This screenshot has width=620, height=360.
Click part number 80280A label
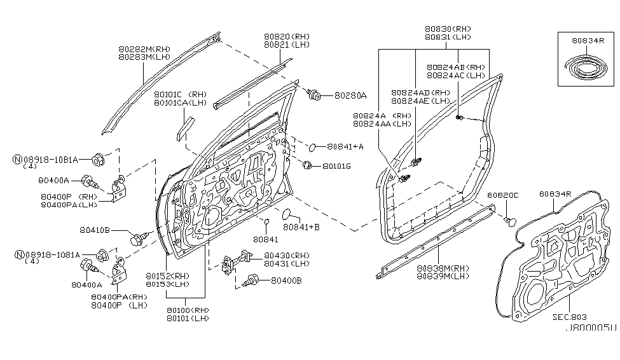(x=350, y=96)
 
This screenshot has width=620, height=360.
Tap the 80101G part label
(x=336, y=166)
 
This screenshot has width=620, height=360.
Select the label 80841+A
(x=346, y=147)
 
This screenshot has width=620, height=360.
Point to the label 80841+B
(x=301, y=226)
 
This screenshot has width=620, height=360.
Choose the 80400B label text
(x=287, y=280)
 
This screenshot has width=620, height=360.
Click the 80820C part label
(x=504, y=195)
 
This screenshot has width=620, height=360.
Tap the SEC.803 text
(x=570, y=316)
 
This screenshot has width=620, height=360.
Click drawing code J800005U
(x=590, y=328)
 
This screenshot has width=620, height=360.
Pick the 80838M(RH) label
(x=443, y=268)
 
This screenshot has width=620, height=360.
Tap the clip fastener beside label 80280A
(x=314, y=95)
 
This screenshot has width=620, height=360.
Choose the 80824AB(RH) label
(x=456, y=67)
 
